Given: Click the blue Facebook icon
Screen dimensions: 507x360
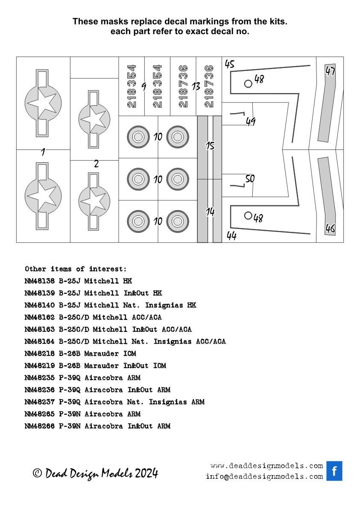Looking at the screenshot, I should coord(334,471).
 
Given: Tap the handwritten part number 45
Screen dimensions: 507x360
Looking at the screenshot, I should coord(230,64).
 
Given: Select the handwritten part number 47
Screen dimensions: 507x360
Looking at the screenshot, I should coord(330,71).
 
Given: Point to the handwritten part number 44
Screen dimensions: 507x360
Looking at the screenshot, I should coord(231,236).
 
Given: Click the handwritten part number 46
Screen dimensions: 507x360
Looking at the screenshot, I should coord(330,229).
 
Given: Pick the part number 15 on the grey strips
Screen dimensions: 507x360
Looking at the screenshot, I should coord(210,146).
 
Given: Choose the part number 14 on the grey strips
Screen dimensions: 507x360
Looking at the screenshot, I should coord(210,211).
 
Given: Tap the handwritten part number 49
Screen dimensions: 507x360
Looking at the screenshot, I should coord(250,122).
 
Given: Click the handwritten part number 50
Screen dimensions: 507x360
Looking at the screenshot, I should coord(250,179).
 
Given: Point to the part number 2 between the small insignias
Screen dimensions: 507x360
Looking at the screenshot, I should coord(96,164).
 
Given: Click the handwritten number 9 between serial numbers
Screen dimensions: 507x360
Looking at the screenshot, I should coord(144,87).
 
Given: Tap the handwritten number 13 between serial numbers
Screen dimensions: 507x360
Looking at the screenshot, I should coord(196,87).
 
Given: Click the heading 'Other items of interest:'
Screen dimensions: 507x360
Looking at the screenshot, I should coord(76,269).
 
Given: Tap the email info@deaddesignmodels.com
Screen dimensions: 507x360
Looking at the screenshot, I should coord(264,476).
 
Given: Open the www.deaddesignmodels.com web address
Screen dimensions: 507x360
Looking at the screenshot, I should coord(266,466).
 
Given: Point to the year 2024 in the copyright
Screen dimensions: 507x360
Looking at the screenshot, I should coord(146,473).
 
